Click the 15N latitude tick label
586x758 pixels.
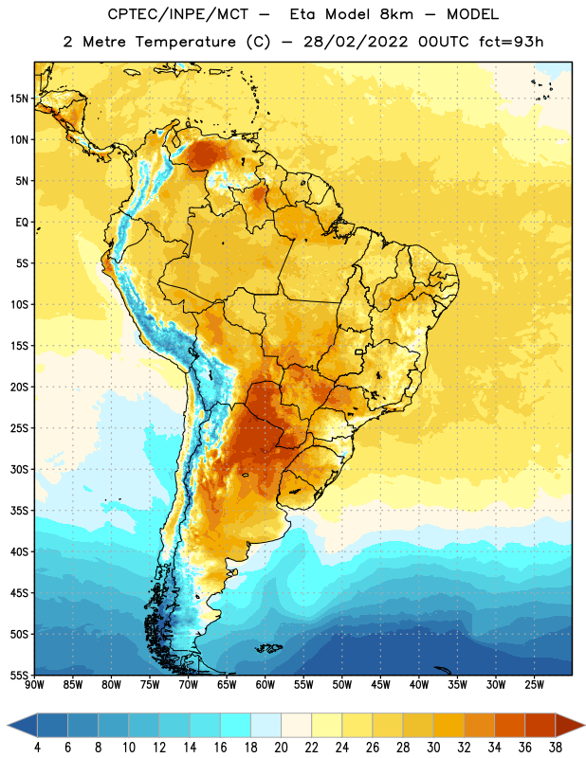click(19, 99)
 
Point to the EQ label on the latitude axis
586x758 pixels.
click(22, 223)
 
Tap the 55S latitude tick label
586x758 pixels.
click(19, 675)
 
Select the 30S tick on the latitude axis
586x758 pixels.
click(19, 469)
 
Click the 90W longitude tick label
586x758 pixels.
click(34, 685)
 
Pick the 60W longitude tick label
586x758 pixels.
click(266, 685)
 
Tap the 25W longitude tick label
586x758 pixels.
click(534, 685)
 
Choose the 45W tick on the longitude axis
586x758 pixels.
click(380, 685)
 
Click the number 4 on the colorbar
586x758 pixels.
click(37, 748)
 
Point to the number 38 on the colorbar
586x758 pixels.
click(555, 748)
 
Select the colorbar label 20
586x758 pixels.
click(281, 748)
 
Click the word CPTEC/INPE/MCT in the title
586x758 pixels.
click(177, 14)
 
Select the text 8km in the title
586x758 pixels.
click(396, 14)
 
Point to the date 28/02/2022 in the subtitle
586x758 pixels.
click(356, 42)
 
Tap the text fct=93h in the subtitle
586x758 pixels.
click(511, 42)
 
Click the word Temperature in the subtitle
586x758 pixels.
click(186, 43)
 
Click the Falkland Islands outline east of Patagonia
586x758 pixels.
click(268, 648)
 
